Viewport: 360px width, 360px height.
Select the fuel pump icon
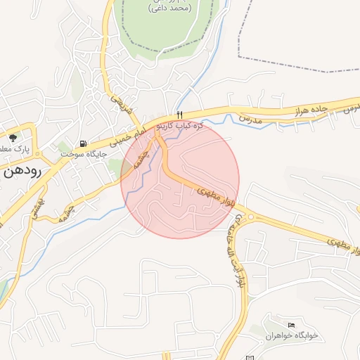coord(84,143)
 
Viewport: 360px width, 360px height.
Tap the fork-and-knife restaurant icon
coord(181,115)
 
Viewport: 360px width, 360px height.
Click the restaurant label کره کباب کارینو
coord(179,125)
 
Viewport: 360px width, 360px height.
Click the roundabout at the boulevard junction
coord(250,217)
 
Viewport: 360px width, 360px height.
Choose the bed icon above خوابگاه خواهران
coord(292,324)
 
